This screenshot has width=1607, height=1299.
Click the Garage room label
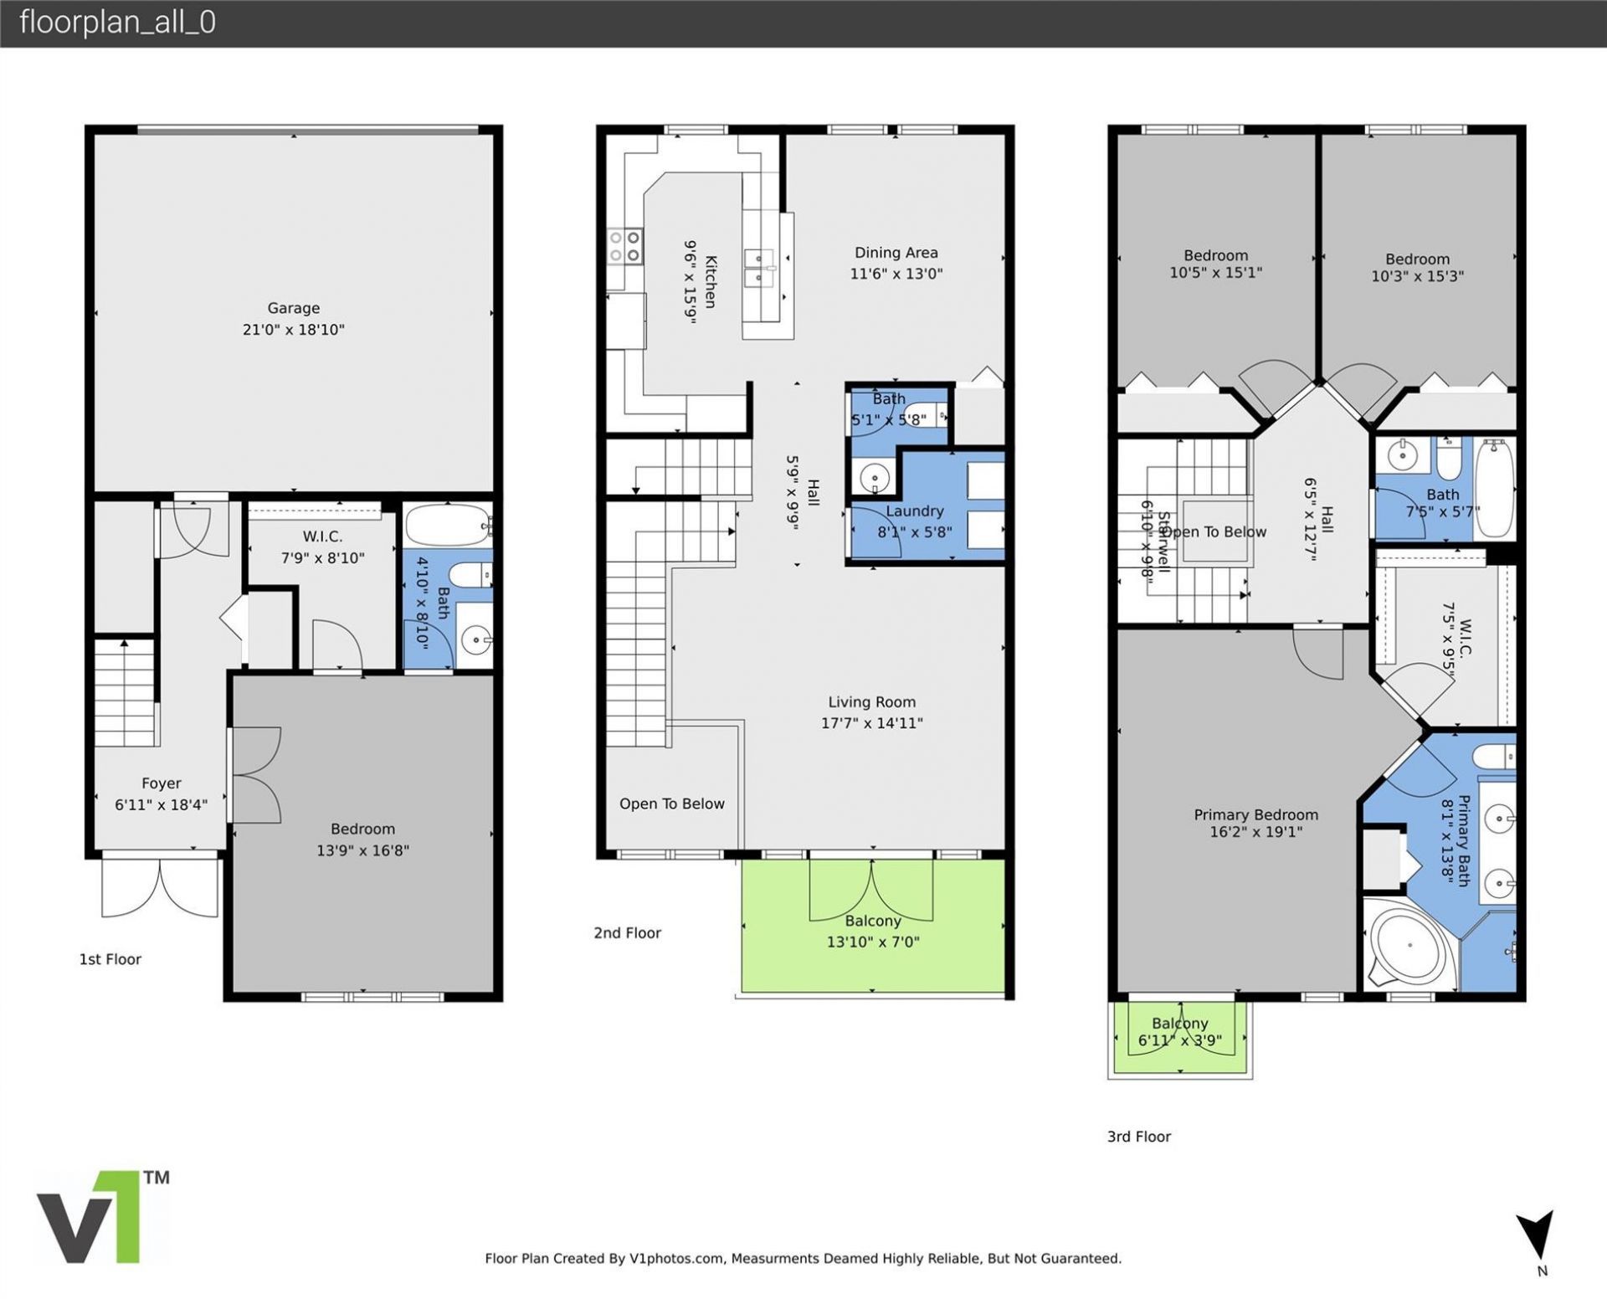pos(293,308)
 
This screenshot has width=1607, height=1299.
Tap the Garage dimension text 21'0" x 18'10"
pos(293,330)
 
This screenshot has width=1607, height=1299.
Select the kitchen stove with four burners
pos(624,247)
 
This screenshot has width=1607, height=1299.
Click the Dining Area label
pos(896,253)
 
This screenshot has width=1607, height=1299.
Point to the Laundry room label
pos(914,511)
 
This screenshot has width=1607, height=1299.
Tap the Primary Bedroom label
pos(1255,814)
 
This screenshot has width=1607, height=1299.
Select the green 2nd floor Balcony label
pos(872,921)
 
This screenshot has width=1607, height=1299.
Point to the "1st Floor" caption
pos(110,959)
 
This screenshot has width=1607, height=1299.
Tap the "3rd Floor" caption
pos(1138,1137)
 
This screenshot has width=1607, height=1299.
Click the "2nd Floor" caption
pos(627,932)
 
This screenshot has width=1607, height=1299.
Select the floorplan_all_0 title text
pos(117,22)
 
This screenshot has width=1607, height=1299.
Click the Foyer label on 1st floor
pos(161,783)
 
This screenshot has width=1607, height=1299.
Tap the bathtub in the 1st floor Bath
pos(448,525)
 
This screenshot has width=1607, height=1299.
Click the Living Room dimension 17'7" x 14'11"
pos(871,723)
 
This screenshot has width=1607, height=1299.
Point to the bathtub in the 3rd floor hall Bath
pos(1494,489)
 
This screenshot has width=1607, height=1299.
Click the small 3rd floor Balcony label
pos(1179,1023)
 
